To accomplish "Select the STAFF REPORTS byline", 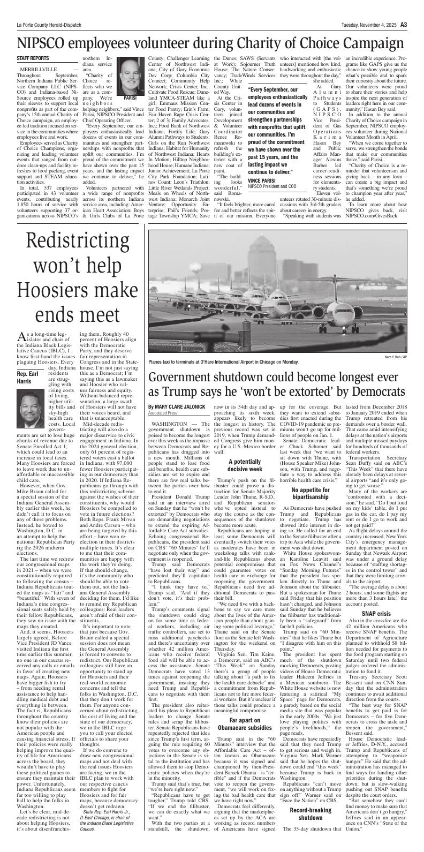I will click(33, 58).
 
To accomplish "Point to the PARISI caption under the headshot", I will click(130, 99).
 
